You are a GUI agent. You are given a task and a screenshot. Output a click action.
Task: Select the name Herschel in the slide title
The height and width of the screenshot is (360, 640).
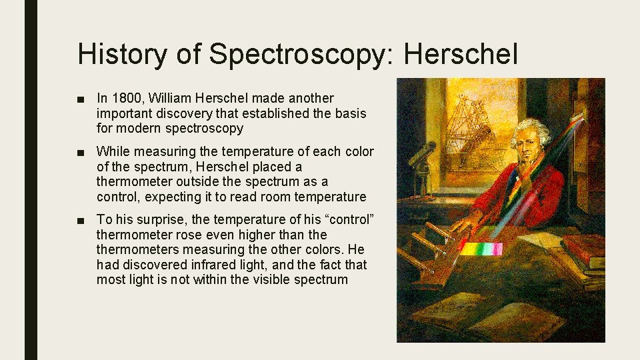coord(460,53)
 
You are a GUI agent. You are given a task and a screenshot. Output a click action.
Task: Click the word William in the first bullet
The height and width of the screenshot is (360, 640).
coord(168,99)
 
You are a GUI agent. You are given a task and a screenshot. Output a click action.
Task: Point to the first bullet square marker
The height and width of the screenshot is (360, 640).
coord(81,99)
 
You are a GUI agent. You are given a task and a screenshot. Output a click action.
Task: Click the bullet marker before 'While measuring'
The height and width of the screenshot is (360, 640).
coord(81,153)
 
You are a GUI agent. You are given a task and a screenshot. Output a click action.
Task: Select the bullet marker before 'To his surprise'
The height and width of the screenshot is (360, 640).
coord(81,220)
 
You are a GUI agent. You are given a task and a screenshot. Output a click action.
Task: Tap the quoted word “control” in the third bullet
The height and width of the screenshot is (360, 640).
coord(341,219)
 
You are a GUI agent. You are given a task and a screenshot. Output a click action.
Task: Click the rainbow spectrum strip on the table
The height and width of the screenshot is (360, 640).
coord(482,249)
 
